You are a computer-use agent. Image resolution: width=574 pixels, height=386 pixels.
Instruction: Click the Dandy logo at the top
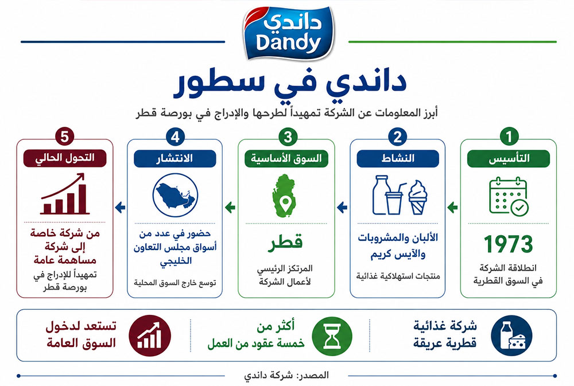point(288,33)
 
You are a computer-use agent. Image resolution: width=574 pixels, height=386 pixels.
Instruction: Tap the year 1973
point(508,244)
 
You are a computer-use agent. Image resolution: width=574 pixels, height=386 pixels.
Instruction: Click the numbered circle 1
point(509,137)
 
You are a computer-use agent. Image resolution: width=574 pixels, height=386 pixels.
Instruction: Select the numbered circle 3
point(288,137)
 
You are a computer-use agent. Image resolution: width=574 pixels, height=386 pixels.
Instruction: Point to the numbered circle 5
point(65,137)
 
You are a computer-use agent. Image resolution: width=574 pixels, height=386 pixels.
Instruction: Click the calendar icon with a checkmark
point(509,196)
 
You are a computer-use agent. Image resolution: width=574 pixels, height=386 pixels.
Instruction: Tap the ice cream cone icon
point(418,197)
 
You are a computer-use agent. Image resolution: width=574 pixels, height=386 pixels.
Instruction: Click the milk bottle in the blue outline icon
point(380,194)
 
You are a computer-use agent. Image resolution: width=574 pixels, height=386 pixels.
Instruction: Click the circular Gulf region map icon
point(175,195)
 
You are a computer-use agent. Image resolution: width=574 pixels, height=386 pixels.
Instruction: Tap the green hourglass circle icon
point(332,336)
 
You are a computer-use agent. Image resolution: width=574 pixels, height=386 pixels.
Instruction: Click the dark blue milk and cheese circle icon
point(511,336)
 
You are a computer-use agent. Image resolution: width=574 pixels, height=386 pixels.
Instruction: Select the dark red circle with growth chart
point(150,336)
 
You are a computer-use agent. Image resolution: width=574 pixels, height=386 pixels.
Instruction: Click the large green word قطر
point(285,243)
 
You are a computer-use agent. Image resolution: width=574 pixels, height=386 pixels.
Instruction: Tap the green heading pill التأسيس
point(509,158)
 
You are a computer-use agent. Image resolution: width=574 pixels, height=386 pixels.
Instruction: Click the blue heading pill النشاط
point(398,158)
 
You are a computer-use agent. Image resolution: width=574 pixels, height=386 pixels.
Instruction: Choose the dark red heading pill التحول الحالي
point(65,158)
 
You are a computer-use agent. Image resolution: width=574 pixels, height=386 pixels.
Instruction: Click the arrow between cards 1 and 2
point(452,208)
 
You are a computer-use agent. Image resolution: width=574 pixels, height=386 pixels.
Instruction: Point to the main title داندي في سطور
point(289,83)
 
